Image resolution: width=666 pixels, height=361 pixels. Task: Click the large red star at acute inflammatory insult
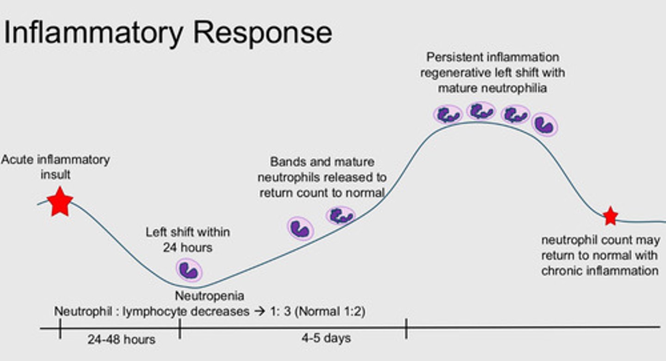pos(60,202)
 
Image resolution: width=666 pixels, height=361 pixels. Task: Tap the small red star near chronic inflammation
pos(610,216)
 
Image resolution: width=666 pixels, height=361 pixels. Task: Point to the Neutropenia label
pos(209,296)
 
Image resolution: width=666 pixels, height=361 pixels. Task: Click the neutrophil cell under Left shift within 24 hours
pos(189,270)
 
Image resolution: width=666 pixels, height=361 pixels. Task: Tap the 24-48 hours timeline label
pos(121,339)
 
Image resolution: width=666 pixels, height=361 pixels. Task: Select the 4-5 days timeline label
pos(326,338)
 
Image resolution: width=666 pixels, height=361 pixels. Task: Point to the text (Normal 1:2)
pos(330,311)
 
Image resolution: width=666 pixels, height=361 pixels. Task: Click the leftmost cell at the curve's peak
pos(448,114)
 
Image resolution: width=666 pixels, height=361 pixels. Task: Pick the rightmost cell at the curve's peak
pos(544,124)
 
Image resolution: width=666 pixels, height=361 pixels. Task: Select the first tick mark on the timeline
pos(60,329)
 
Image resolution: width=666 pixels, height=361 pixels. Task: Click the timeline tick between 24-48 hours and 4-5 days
pos(180,329)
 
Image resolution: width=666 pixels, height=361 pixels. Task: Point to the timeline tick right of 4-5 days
pos(406,329)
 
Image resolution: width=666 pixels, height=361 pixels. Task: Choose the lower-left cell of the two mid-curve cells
pos(301,229)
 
